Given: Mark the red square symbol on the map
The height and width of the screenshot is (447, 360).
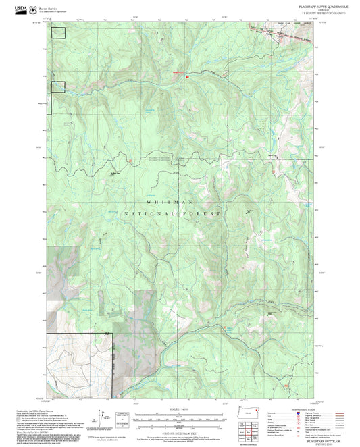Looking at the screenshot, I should [x=187, y=76].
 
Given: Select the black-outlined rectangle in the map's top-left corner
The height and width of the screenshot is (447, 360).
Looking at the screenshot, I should [x=59, y=33].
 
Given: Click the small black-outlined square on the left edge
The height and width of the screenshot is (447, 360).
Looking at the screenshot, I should [x=58, y=86].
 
